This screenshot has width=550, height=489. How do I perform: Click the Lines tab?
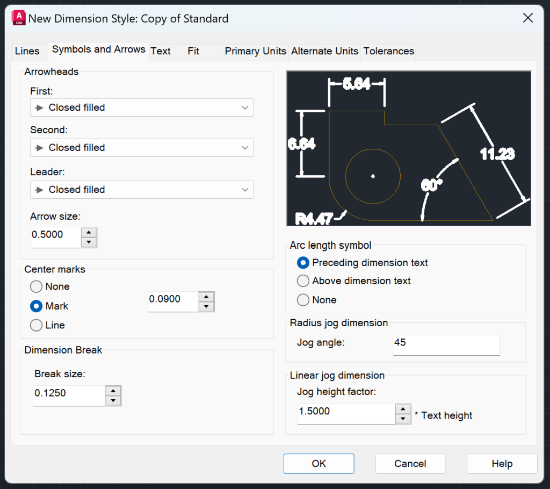pos(27,51)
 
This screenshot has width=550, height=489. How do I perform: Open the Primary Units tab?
pos(255,51)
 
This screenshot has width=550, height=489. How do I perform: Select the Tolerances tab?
pos(388,51)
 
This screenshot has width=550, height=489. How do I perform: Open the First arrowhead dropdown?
pos(142,107)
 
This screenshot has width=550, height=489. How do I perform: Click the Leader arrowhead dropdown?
pos(142,190)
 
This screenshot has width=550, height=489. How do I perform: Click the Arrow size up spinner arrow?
pos(89,232)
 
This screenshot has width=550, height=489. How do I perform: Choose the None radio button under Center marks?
pos(37,287)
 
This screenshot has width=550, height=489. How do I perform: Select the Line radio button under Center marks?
pos(37,325)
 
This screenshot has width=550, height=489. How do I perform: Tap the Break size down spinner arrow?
pos(113,401)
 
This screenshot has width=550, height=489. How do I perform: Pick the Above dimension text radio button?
pos(303,281)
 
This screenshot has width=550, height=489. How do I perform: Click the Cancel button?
pos(410,464)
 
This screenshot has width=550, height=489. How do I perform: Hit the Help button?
pos(502,464)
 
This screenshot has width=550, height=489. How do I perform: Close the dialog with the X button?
pos(528,18)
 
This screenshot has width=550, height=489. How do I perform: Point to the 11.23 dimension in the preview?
pos(497,154)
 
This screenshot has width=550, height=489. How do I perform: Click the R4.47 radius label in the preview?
pos(314,218)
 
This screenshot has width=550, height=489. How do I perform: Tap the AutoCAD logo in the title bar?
pos(18,18)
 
